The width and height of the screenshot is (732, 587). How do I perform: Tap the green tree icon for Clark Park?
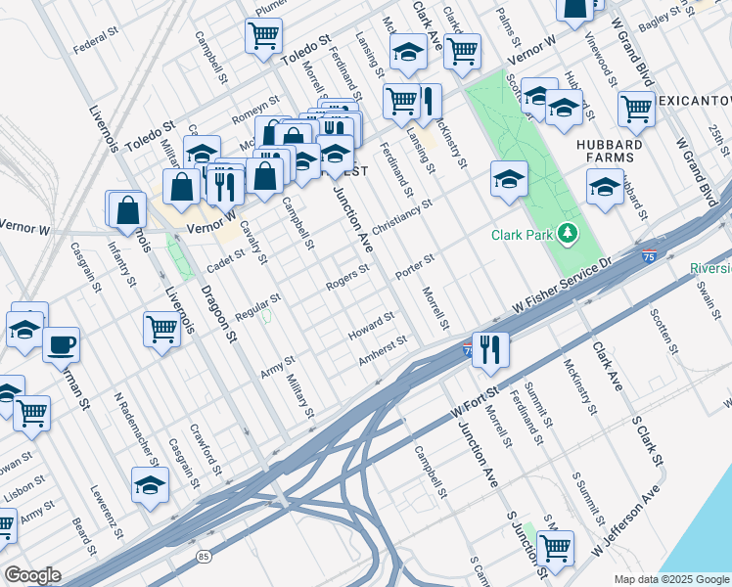coord(566,234)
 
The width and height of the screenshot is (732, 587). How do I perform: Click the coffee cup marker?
coord(62,345)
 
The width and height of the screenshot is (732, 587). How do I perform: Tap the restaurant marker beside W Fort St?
coord(490,349)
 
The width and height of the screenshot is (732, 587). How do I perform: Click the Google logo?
coord(31,575)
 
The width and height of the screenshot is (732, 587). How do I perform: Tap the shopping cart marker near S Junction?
coord(555,548)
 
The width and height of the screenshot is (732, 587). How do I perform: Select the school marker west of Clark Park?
coord(510,179)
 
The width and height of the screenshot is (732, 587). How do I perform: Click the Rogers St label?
coord(347,277)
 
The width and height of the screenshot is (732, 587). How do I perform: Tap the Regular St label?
coord(257,306)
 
